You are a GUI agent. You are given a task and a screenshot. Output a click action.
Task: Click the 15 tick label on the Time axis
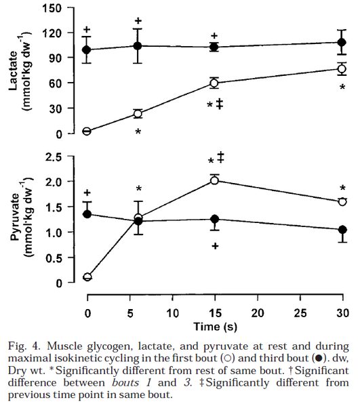(x=214, y=312)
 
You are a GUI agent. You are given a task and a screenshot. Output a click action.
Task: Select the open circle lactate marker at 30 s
(x=342, y=68)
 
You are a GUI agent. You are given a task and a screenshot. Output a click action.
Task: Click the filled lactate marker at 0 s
(x=87, y=49)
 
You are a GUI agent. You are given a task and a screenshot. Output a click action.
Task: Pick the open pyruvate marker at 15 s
(x=215, y=180)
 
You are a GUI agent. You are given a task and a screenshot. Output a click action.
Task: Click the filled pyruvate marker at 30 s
(x=342, y=230)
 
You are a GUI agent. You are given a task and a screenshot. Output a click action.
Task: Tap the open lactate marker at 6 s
(x=138, y=114)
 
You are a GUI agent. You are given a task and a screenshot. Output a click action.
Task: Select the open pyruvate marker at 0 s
(x=87, y=277)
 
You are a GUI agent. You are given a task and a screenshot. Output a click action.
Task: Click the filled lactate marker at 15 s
(x=215, y=47)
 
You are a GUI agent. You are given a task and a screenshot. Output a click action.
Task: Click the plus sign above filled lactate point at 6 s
(x=138, y=20)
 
